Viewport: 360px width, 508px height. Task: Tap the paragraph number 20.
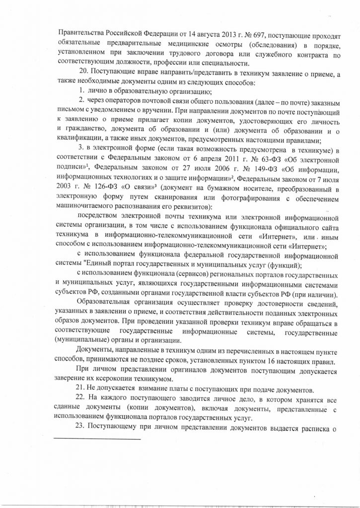(84, 73)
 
